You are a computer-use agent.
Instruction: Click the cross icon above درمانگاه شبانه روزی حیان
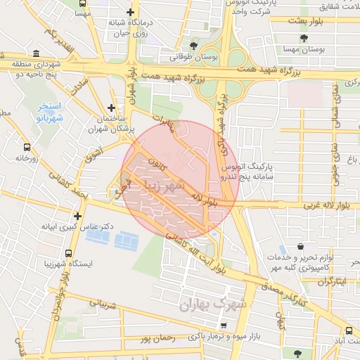[x=130, y=12]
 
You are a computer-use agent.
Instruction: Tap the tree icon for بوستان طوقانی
[x=193, y=45]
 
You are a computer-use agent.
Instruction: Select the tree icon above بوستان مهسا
[x=304, y=38]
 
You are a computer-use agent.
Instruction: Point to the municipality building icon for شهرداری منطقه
[x=36, y=54]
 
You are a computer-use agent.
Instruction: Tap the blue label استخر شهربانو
[x=50, y=112]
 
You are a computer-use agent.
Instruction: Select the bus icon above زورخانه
[x=27, y=148]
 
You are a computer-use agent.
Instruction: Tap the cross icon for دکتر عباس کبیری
[x=77, y=216]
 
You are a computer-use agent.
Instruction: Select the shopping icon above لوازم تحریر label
[x=302, y=247]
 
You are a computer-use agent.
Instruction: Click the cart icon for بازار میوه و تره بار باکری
[x=224, y=326]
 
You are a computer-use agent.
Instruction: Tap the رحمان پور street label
[x=157, y=339]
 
